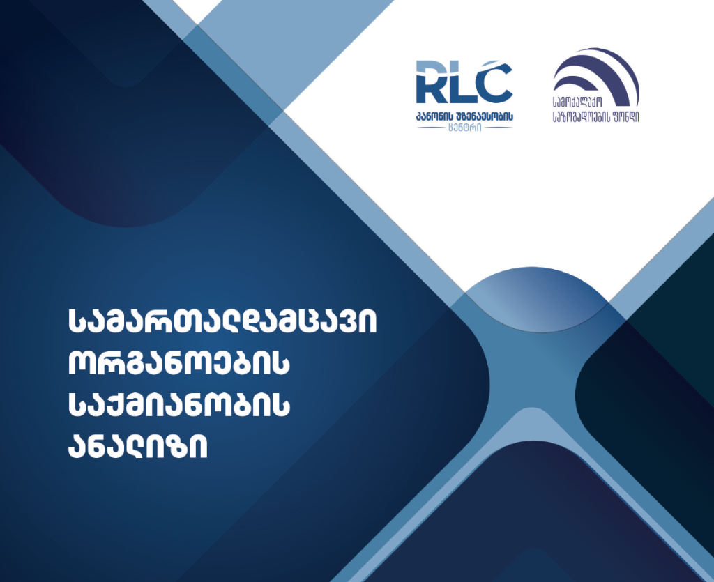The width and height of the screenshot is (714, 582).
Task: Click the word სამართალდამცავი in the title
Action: point(222,322)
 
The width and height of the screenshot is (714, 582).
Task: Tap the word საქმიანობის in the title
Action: point(179,404)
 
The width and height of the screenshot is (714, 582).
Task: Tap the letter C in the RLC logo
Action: point(494,82)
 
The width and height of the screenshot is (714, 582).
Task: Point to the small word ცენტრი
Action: point(464,128)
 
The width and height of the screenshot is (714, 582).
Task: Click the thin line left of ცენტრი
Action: point(432,128)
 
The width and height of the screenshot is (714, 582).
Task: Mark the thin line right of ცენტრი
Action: point(498,128)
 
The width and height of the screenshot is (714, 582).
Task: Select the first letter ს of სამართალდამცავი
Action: point(77,322)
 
